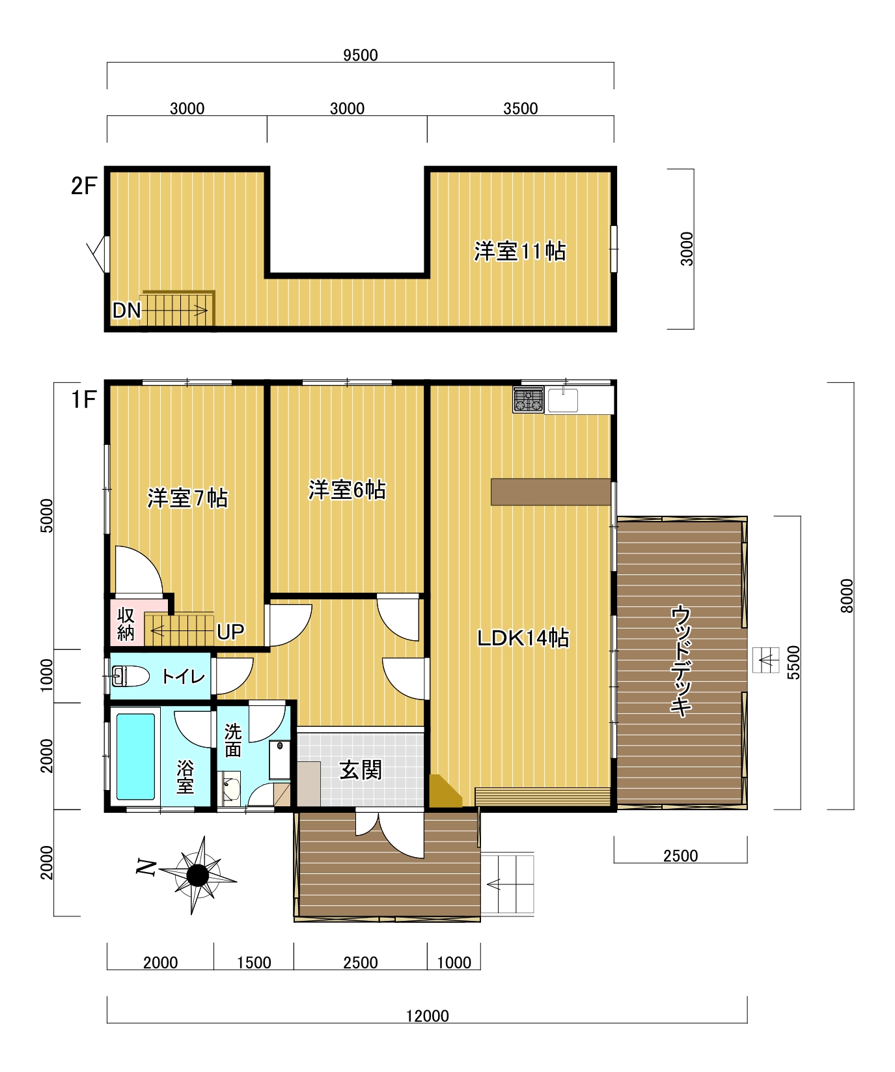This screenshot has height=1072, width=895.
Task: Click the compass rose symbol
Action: (x=197, y=875)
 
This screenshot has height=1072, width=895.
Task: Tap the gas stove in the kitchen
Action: (x=528, y=400)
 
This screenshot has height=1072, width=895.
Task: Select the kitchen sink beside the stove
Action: (x=562, y=401)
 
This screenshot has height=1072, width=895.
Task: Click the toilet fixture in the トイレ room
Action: (x=130, y=676)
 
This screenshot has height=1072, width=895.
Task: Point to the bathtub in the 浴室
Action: (x=136, y=756)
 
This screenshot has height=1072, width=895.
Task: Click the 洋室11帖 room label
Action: (x=519, y=251)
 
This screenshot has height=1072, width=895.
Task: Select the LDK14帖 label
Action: (x=523, y=638)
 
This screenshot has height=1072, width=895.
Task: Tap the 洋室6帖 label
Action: (x=347, y=490)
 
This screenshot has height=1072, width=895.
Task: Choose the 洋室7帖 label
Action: (x=187, y=498)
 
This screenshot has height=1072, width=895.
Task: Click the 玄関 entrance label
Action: (x=361, y=770)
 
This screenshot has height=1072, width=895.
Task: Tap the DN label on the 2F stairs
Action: (x=126, y=311)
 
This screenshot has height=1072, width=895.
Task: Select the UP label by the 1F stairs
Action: (x=230, y=632)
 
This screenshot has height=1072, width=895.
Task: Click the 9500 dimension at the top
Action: (x=360, y=55)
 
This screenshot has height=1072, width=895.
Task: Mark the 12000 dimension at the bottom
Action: (x=427, y=1015)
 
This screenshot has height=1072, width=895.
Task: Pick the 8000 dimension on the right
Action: (x=846, y=596)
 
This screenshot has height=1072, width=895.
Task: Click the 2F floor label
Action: (x=83, y=186)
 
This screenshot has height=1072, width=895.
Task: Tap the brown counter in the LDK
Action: (x=551, y=492)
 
